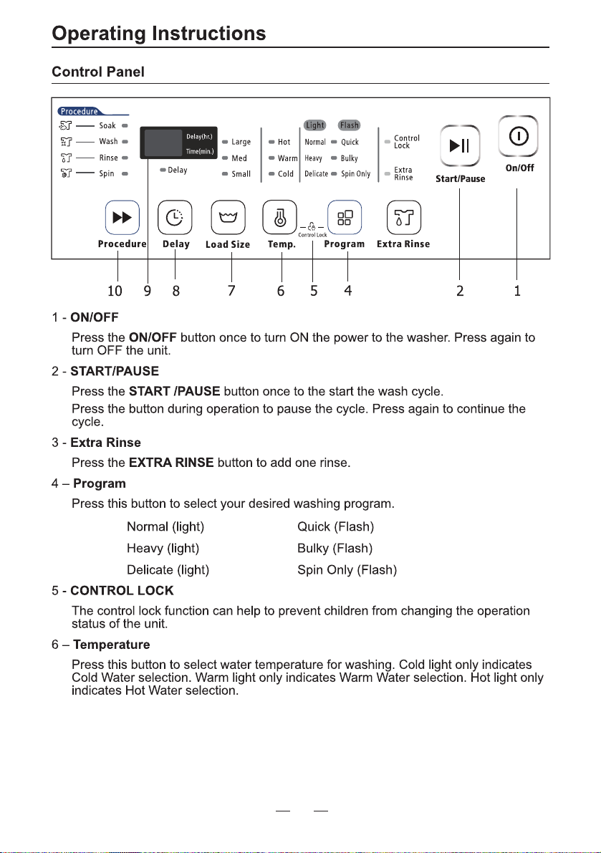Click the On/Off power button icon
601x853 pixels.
519,136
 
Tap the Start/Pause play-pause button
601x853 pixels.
460,145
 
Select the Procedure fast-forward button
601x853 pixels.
122,218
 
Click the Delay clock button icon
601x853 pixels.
175,218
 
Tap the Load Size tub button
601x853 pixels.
228,218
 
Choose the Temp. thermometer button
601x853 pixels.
279,218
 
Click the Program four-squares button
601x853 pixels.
345,218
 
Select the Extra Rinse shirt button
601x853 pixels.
403,218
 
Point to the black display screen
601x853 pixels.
178,143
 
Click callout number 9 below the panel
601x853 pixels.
148,291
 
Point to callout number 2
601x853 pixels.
460,291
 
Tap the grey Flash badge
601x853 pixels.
349,125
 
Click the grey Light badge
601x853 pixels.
315,125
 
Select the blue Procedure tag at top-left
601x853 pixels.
80,112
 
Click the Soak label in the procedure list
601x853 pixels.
107,125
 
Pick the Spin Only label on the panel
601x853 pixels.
356,174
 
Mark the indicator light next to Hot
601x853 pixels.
271,142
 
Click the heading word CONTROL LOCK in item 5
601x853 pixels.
122,591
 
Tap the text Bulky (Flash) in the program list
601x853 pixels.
335,549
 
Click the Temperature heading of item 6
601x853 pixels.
112,645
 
